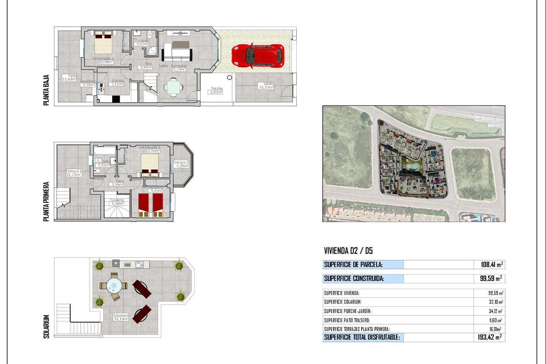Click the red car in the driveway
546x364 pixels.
tap(258, 56)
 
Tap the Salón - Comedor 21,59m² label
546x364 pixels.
tap(173, 67)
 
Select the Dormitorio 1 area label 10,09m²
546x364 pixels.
tap(106, 62)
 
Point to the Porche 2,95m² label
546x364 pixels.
tap(216, 90)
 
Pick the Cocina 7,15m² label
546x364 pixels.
tap(117, 82)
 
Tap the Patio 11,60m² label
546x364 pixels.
tap(69, 78)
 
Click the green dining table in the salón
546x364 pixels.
tap(173, 87)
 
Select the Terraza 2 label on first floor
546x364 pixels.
tap(181, 164)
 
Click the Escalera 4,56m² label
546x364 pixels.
tap(117, 202)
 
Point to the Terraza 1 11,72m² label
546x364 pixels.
tap(74, 173)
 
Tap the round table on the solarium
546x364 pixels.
tap(114, 286)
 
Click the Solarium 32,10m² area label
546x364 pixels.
tap(121, 317)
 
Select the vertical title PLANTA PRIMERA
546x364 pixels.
tap(46, 201)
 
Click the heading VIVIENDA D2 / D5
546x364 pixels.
tap(348, 251)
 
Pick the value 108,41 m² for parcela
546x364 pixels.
tap(492, 264)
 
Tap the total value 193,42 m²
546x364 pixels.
tap(489, 337)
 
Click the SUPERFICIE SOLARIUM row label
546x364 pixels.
tap(343, 302)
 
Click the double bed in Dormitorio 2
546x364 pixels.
tap(150, 165)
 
